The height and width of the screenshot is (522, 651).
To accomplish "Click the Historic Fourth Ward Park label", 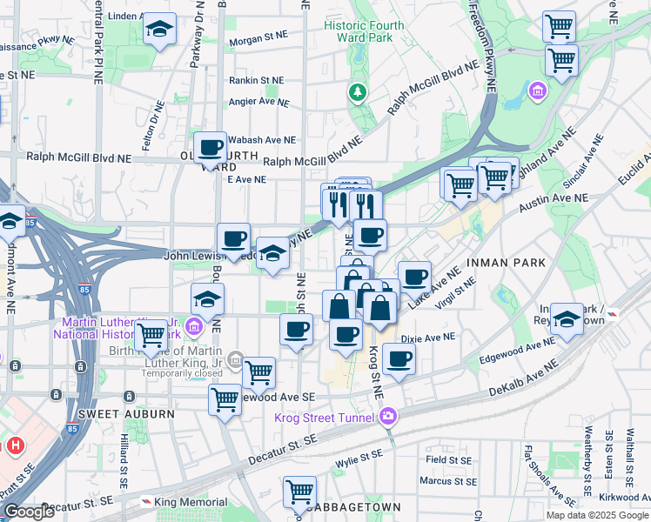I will point(364,31).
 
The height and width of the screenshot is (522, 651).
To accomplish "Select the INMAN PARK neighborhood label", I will point(506,262).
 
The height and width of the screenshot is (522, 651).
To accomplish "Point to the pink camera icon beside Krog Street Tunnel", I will point(386,418).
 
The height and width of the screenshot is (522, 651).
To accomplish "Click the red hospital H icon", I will point(14,445).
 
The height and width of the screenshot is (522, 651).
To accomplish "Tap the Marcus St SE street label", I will point(446,479).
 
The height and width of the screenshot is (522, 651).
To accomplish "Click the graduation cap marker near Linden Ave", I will point(159,30).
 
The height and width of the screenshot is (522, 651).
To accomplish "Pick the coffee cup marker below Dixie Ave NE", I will point(399,358).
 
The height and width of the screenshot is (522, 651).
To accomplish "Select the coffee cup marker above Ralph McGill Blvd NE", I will point(210,147).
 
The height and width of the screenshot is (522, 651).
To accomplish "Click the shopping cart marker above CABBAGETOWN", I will point(299,491).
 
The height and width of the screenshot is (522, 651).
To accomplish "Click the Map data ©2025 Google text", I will point(597,515).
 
